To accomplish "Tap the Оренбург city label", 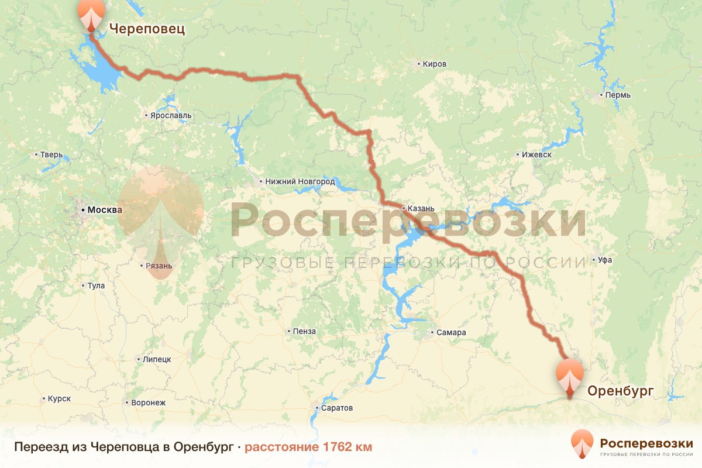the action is tap(620, 390).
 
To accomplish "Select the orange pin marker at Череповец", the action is tap(91, 13).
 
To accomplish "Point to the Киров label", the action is tap(434, 64).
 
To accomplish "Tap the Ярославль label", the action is tap(170, 116).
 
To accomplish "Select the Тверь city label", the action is tap(51, 155).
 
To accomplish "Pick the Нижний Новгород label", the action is tap(300, 182).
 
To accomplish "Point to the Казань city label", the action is tap(421, 208).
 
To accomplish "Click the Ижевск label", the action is tap(536, 155).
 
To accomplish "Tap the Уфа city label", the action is tap(605, 260).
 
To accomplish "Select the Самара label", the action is tap(451, 333).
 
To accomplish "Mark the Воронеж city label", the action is tap(149, 402).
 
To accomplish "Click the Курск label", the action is tap(59, 399).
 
